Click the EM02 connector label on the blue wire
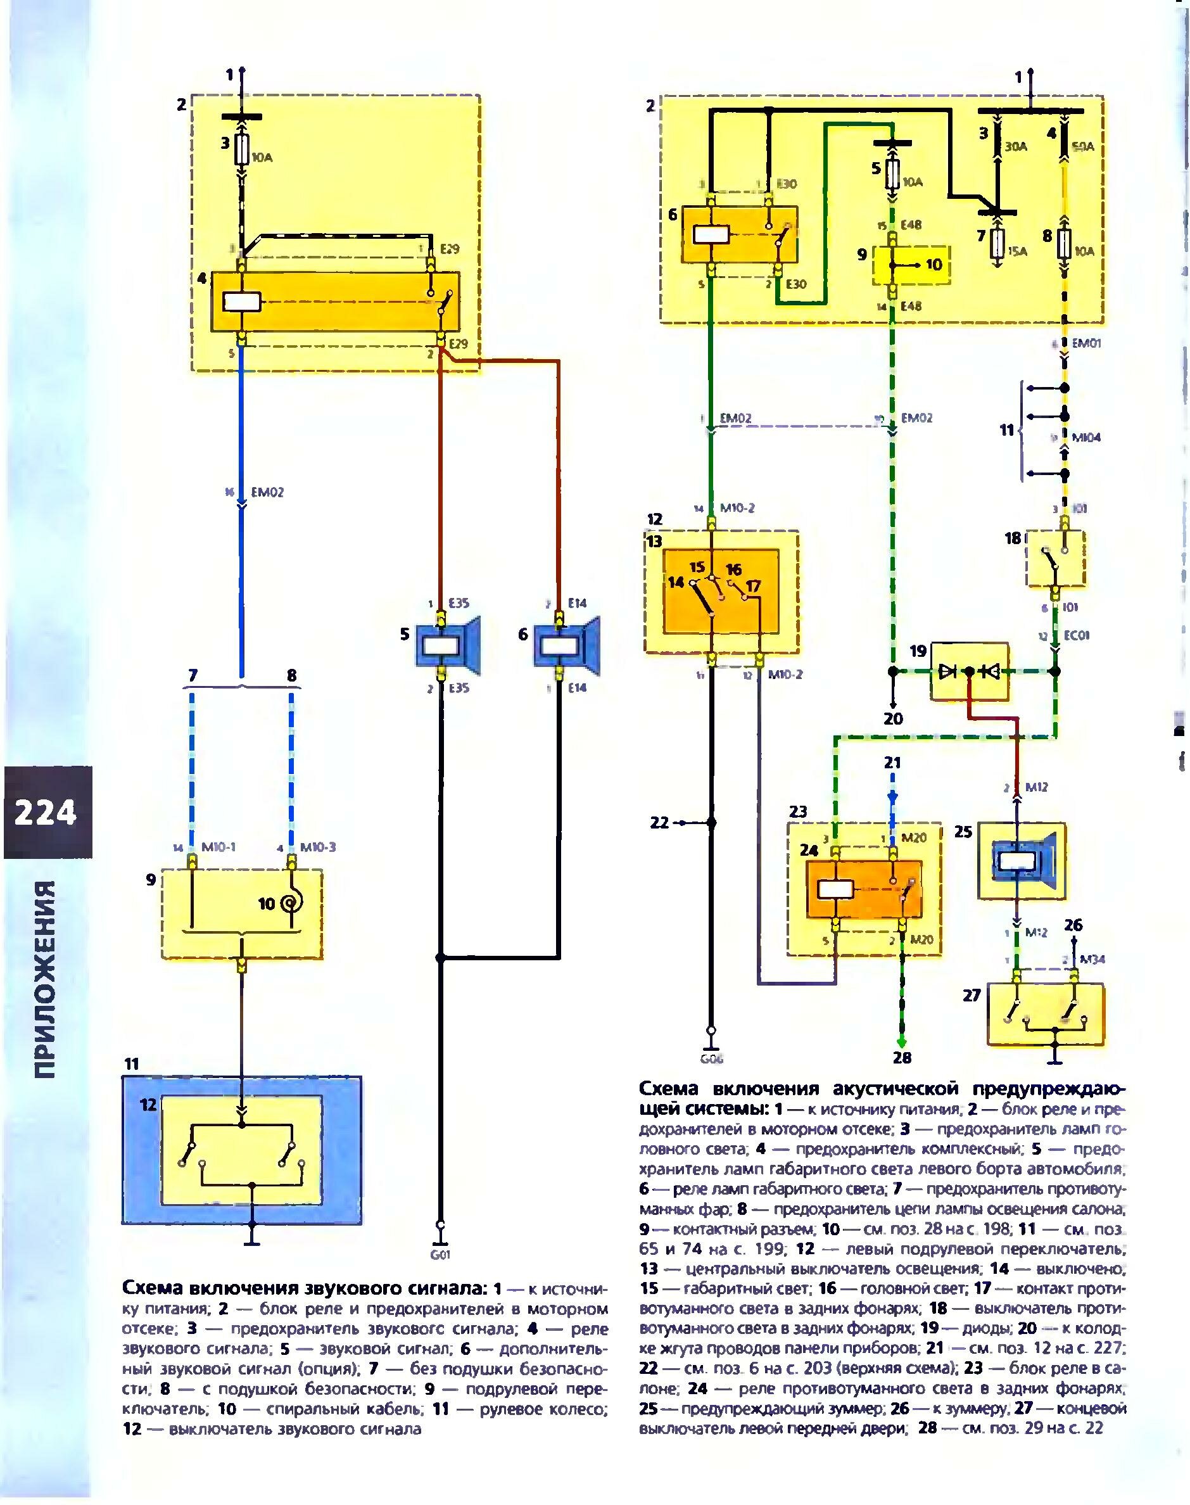(267, 493)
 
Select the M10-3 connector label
(318, 848)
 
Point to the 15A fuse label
(1016, 251)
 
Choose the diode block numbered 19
(969, 671)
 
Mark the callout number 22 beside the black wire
(659, 823)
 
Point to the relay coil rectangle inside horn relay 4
(241, 301)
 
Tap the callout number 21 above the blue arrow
(892, 762)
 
